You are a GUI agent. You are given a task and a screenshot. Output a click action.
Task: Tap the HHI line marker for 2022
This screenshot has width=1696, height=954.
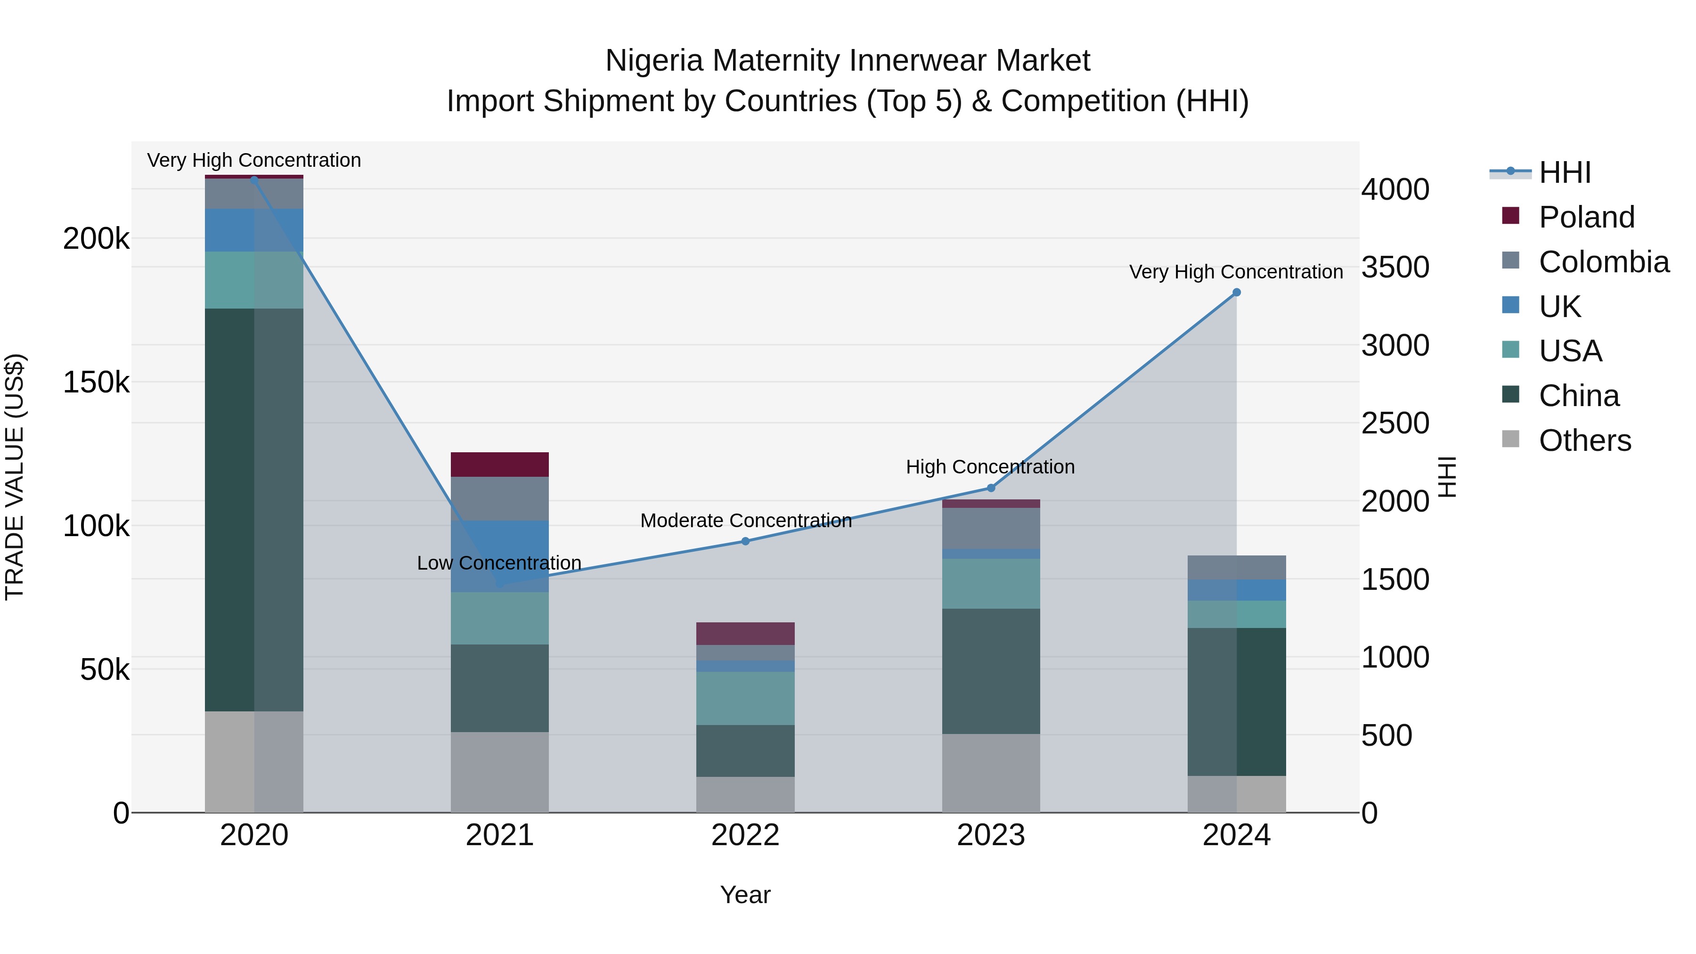point(745,541)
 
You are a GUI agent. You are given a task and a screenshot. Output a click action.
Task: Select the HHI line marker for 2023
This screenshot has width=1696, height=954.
point(990,488)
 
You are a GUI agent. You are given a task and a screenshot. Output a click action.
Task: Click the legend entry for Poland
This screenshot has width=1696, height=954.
point(1586,217)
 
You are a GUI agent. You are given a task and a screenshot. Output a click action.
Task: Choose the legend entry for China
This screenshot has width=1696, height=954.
point(1578,396)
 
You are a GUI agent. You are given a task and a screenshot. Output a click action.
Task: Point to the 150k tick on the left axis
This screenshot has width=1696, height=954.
point(96,382)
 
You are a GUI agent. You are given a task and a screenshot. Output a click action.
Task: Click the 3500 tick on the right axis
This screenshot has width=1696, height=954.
point(1395,267)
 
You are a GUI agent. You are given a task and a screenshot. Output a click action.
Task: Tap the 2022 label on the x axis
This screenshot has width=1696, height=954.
point(745,835)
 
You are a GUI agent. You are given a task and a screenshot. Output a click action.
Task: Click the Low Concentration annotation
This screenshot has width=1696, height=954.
point(499,563)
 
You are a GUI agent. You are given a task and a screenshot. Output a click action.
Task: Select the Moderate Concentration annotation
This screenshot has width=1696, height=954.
point(745,521)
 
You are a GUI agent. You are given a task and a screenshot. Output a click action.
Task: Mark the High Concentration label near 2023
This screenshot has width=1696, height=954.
point(990,467)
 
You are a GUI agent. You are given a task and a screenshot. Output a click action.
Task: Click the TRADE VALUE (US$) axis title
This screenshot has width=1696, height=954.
point(15,477)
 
